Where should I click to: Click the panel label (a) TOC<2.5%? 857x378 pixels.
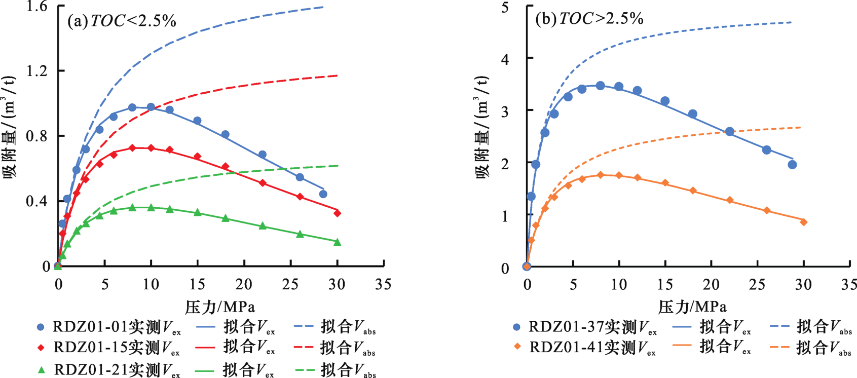[x=122, y=21]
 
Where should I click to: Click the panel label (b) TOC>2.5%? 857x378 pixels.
[x=589, y=19]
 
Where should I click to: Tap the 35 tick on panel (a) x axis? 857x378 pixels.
[x=383, y=284]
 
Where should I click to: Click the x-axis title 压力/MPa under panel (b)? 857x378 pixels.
[x=692, y=307]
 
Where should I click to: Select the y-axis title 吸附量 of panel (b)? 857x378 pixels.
[x=482, y=127]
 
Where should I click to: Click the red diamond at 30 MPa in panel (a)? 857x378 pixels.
[x=338, y=213]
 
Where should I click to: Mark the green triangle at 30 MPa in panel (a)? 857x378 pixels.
[x=338, y=242]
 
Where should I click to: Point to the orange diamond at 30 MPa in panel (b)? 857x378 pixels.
[x=804, y=222]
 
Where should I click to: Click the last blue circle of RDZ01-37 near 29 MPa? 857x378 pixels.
[x=793, y=165]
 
